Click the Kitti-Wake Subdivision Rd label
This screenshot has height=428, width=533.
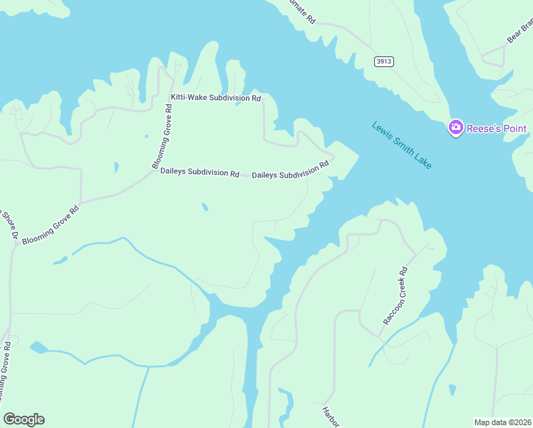point(215,98)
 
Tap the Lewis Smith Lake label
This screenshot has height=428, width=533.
point(402,146)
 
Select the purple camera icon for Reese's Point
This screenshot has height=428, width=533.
point(455,128)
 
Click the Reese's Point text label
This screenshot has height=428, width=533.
point(496,129)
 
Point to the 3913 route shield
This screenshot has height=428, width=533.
point(384,61)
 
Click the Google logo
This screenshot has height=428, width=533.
point(24,419)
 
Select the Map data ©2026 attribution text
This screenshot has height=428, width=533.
point(502,422)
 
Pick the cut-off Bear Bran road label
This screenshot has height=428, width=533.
point(519,31)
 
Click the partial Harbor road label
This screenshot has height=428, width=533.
point(329,418)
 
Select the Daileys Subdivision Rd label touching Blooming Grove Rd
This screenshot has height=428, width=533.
point(200,172)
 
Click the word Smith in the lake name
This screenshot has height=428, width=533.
point(402,146)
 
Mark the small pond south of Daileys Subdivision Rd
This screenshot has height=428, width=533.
point(205,208)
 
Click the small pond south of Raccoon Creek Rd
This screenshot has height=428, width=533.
point(452,389)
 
